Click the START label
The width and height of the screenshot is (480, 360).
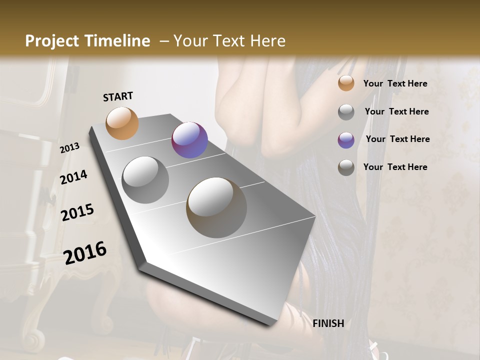pyautogui.click(x=118, y=96)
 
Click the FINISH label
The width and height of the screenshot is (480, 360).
pyautogui.click(x=328, y=323)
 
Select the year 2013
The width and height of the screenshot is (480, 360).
pyautogui.click(x=69, y=147)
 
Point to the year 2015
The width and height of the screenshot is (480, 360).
pyautogui.click(x=77, y=212)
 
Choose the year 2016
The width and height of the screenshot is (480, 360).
pyautogui.click(x=85, y=253)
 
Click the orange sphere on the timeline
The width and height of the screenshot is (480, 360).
pyautogui.click(x=122, y=123)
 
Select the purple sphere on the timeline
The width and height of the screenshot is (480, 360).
pyautogui.click(x=189, y=140)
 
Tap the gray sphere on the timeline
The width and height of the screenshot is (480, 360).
pyautogui.click(x=145, y=180)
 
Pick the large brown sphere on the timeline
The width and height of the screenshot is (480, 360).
pyautogui.click(x=216, y=207)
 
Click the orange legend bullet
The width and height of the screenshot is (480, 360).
pyautogui.click(x=346, y=83)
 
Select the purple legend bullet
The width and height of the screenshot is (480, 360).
pyautogui.click(x=346, y=140)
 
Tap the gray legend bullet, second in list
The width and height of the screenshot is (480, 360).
pyautogui.click(x=346, y=112)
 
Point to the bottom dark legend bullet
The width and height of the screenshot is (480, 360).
pyautogui.click(x=346, y=167)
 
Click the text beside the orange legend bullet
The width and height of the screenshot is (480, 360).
pyautogui.click(x=395, y=83)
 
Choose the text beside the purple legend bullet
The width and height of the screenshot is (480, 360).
pyautogui.click(x=397, y=139)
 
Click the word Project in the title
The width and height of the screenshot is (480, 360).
pyautogui.click(x=51, y=41)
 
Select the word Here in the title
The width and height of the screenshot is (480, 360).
pyautogui.click(x=267, y=41)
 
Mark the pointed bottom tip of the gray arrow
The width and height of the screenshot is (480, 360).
pyautogui.click(x=270, y=324)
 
